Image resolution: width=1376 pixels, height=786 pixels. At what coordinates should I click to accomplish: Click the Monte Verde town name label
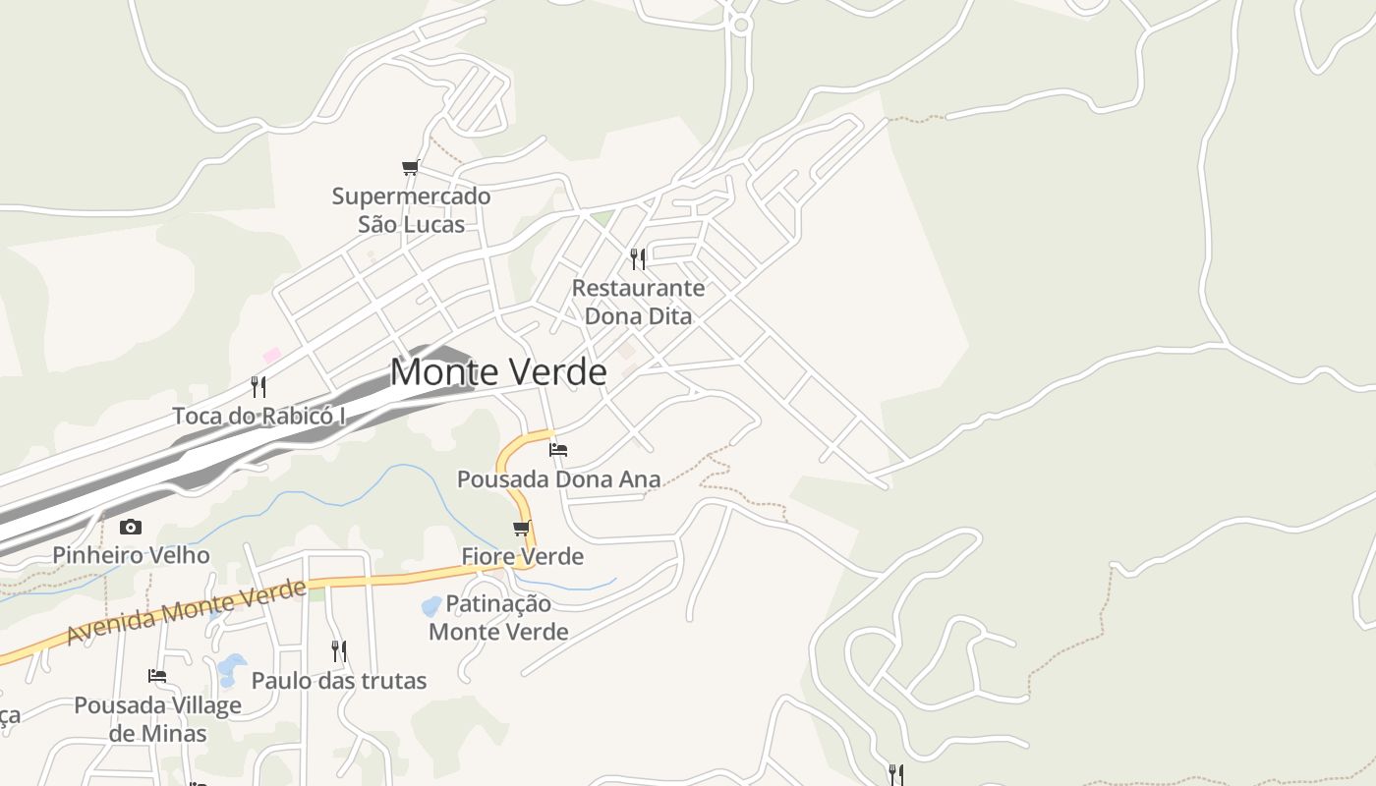[498, 372]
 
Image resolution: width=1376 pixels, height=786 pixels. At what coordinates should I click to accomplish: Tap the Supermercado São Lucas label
[411, 210]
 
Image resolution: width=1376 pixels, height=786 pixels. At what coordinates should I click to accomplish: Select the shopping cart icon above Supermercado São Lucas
[411, 168]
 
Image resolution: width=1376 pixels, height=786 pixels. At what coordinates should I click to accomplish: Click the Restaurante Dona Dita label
[638, 302]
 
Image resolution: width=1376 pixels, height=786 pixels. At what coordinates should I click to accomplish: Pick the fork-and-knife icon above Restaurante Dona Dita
[638, 259]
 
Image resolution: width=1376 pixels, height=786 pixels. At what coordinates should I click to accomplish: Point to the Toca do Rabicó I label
[259, 416]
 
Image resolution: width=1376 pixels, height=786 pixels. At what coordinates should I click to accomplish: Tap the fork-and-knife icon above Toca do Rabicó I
[258, 386]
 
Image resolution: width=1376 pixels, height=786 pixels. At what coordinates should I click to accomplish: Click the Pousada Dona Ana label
[558, 479]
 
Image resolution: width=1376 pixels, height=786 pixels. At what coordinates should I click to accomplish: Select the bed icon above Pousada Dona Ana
[558, 450]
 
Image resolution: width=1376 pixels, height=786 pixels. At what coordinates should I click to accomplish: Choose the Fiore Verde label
[523, 556]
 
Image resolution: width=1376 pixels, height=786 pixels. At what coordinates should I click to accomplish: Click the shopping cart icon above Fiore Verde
[522, 528]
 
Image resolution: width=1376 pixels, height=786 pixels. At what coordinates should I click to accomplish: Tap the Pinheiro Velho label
[131, 555]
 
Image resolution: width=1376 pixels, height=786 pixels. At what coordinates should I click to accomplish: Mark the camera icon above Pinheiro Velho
[130, 528]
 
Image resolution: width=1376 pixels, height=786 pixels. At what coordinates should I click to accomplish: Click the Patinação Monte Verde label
[498, 617]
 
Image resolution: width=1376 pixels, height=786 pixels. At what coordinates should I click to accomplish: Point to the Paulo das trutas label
[339, 680]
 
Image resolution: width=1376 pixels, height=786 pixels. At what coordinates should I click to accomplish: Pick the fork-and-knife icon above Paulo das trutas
[339, 651]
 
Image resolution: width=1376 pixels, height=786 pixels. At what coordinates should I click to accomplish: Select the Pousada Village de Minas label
[157, 719]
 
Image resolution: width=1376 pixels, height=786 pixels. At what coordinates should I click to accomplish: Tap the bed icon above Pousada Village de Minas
[157, 676]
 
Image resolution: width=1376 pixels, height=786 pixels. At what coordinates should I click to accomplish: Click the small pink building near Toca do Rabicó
[271, 355]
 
